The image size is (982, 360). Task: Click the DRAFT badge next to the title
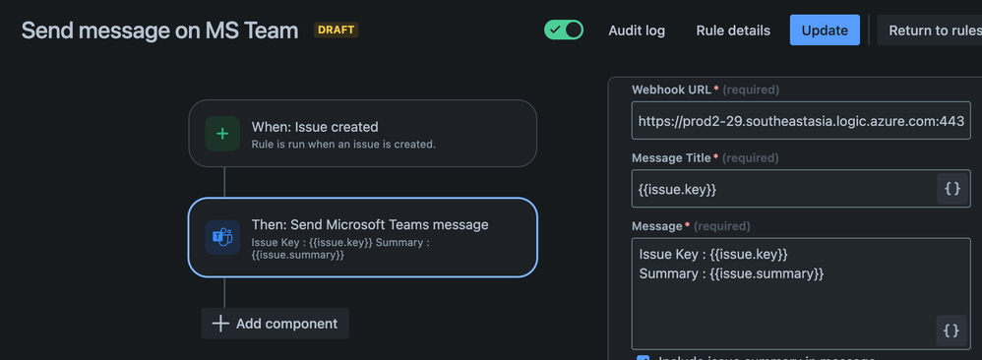click(336, 30)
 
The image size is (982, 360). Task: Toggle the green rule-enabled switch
click(564, 30)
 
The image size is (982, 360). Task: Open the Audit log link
click(637, 30)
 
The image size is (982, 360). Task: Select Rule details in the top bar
click(733, 30)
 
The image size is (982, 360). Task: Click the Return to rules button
click(933, 30)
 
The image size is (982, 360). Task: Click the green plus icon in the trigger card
click(222, 134)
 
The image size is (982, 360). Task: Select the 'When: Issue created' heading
click(315, 127)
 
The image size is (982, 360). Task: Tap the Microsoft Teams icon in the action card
click(222, 237)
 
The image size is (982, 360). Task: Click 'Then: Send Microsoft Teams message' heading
click(370, 224)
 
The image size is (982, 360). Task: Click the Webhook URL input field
click(800, 121)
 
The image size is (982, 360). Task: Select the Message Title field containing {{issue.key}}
click(782, 189)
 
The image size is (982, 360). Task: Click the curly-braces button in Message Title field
click(951, 189)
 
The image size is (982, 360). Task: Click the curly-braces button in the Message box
click(951, 330)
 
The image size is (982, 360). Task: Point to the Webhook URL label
click(672, 90)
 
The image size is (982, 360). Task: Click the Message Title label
click(673, 157)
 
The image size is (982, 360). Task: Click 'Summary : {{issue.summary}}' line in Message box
click(731, 273)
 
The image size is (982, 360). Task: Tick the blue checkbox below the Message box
click(643, 357)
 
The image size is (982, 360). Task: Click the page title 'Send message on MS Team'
click(159, 30)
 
